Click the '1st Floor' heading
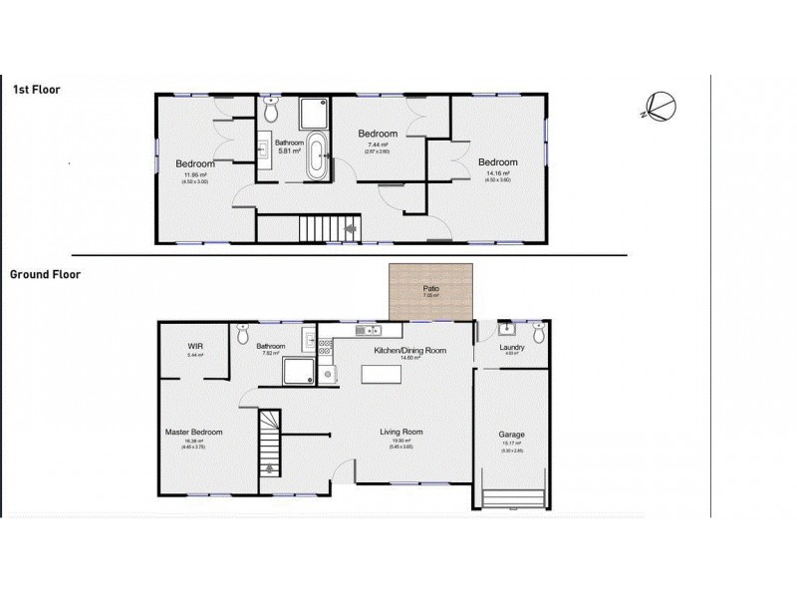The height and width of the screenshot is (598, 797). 36,90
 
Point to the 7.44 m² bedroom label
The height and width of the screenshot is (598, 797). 378,135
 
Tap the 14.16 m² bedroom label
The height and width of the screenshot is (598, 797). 497,162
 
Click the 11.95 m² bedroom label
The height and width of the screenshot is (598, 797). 196,164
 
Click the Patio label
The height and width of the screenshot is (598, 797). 430,288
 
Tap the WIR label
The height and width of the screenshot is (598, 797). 195,347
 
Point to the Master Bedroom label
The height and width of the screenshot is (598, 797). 193,432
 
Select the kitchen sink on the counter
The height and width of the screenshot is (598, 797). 371,329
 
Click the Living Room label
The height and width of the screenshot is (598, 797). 401,432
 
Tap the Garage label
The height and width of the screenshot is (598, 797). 511,436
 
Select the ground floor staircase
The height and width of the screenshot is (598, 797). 270,445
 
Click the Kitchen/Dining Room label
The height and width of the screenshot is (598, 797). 409,352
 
